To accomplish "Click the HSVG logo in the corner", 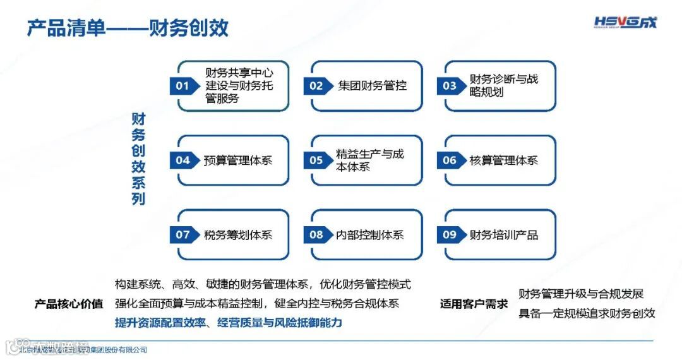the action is coord(625,23).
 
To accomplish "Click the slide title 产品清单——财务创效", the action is coord(127,28).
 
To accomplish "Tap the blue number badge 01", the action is coord(182,86).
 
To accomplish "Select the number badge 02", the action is coord(316,86).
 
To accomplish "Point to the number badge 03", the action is coord(450,86).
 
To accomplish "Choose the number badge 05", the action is coord(316,160).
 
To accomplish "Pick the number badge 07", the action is coord(182,235).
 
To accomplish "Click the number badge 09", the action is coord(450,235).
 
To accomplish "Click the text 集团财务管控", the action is coord(373,86).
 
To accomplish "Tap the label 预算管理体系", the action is coord(238,160).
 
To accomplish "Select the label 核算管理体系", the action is coord(504,160).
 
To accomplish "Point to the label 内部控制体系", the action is coord(370,235).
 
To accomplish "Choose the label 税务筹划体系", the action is coord(238,235).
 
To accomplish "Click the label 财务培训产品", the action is coord(504,235).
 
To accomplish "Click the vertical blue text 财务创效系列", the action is coord(138,159).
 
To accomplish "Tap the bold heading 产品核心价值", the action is coord(69,304).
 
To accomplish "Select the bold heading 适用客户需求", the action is coord(474,304).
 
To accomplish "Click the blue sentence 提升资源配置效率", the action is coord(228,323).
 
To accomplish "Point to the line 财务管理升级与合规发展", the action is coord(581,294).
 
